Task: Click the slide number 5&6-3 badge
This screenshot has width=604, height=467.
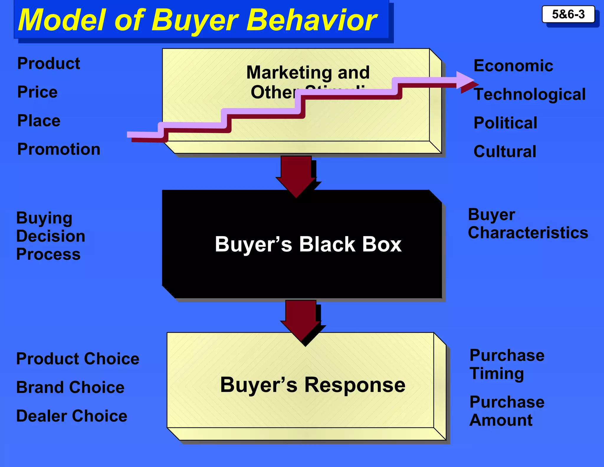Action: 568,14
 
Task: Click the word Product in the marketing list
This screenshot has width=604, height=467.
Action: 49,63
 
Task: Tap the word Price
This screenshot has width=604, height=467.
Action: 37,92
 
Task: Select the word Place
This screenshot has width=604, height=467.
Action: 39,120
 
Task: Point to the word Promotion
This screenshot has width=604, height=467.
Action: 59,149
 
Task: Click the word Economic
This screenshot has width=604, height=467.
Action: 513,66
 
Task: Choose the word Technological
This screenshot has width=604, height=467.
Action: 530,94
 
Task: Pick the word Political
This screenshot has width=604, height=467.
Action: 505,123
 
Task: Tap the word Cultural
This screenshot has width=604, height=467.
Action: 505,151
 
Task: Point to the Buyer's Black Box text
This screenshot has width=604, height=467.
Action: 308,244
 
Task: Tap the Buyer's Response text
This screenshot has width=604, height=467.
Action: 313,385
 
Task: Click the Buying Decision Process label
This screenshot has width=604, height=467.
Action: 51,236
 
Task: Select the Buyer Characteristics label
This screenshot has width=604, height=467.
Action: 528,223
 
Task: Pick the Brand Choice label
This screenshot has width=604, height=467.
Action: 70,387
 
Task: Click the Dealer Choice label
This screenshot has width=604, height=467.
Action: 72,416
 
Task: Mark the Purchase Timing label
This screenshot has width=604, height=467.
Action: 507,364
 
